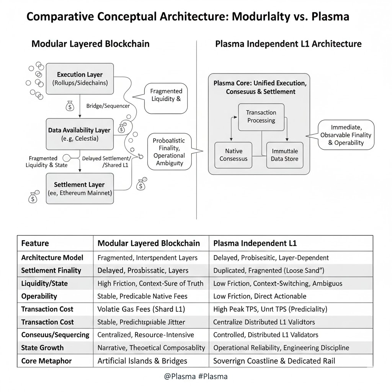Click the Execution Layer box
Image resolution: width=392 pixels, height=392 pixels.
pyautogui.click(x=80, y=78)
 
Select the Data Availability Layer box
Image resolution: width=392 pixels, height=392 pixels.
pyautogui.click(x=80, y=134)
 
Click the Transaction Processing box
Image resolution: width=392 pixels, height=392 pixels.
pyautogui.click(x=261, y=116)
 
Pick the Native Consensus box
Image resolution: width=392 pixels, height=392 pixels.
pyautogui.click(x=234, y=155)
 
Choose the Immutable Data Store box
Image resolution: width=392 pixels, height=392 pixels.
pyautogui.click(x=284, y=155)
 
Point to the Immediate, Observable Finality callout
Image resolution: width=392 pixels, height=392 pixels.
pyautogui.click(x=346, y=135)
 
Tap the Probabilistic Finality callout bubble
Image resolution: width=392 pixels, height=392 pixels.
pyautogui.click(x=169, y=152)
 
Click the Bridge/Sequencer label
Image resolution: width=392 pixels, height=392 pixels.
pyautogui.click(x=108, y=106)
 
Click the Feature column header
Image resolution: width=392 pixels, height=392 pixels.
pyautogui.click(x=35, y=243)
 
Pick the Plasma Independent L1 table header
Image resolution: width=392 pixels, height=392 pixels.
pyautogui.click(x=255, y=243)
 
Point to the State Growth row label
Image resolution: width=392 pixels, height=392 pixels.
pyautogui.click(x=42, y=348)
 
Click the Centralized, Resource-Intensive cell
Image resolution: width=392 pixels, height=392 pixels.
pyautogui.click(x=145, y=335)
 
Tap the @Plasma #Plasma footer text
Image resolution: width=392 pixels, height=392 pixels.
pyautogui.click(x=196, y=376)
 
